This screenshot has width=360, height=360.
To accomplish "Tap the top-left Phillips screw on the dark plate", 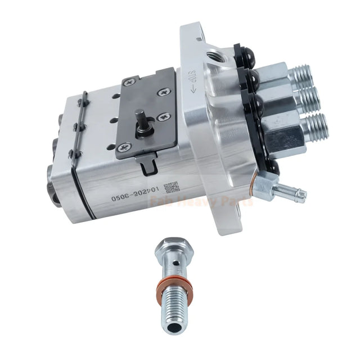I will coord(128,82).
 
